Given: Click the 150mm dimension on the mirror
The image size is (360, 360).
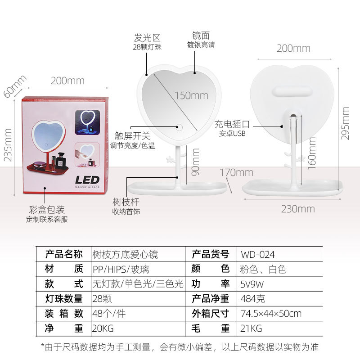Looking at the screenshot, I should pos(192,95).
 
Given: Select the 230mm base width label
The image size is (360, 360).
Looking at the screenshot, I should pos(298,208).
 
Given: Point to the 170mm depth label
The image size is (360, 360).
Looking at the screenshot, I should pos(237,172).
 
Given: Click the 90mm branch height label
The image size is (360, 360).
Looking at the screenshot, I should pos(195,162).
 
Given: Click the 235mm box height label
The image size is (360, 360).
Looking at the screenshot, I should pos(8,144).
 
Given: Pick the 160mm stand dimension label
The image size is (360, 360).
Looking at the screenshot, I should pos(311,153).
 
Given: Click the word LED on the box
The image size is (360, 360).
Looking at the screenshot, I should pos(87,180).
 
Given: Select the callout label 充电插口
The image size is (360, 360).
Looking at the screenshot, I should pos(232,123).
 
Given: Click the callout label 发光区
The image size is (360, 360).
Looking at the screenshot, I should pos(147,37).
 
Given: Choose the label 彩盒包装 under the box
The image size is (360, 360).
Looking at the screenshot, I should pos(47,210).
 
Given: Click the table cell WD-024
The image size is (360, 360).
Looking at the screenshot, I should pos(258,254).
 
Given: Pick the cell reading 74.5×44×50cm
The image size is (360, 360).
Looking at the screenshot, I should pos(271,314).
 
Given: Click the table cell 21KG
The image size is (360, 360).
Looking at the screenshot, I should pos(252,328).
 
